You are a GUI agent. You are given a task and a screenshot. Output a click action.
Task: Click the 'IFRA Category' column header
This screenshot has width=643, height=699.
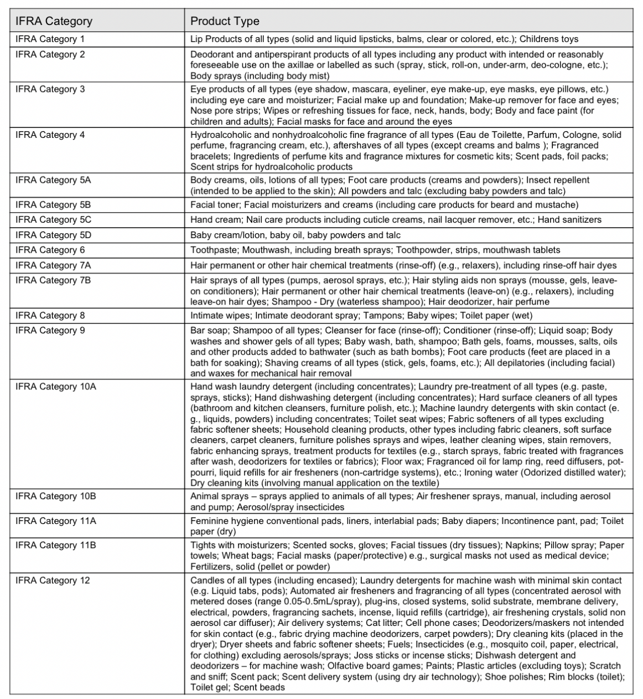pos(54,22)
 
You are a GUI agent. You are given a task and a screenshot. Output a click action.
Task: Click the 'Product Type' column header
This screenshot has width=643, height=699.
pos(225,22)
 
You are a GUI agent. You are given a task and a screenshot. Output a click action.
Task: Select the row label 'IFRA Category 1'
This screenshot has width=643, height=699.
pos(50,39)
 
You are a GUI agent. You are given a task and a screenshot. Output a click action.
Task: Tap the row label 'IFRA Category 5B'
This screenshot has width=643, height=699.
pos(53,205)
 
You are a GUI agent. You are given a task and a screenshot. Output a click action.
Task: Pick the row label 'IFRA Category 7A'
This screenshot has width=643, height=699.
pos(53,265)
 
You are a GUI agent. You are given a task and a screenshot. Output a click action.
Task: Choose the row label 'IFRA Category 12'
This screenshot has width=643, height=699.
pos(53,580)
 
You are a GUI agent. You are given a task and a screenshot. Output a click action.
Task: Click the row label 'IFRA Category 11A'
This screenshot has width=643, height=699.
pos(55,521)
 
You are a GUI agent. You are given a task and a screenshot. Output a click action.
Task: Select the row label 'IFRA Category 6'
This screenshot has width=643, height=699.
pos(50,250)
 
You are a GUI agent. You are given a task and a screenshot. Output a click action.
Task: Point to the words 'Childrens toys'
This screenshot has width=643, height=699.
pos(549,39)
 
